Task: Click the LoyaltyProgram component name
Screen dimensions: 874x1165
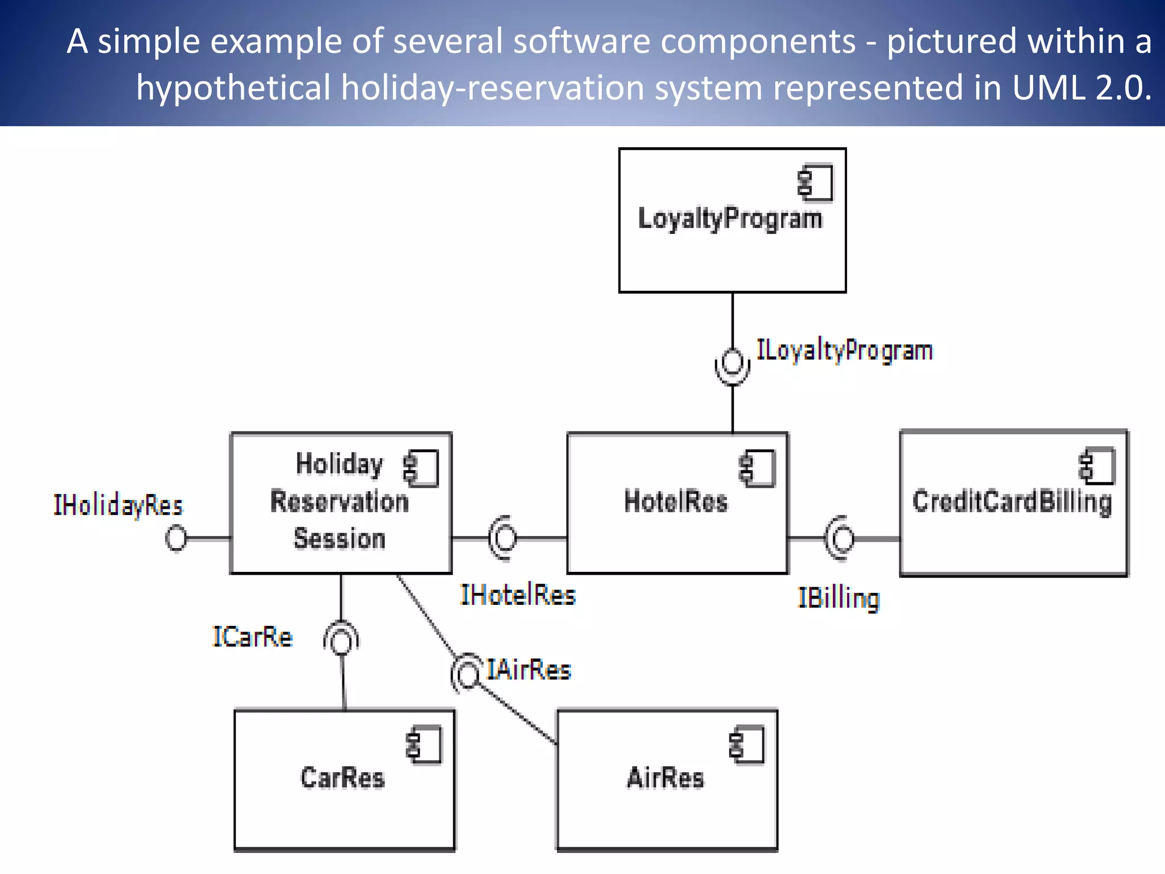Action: [x=730, y=219]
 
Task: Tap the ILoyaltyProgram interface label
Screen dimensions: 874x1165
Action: [x=844, y=351]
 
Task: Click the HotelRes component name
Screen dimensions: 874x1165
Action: [x=676, y=502]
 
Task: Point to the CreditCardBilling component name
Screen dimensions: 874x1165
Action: [x=1012, y=502]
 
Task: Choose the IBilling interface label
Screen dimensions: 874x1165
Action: [x=838, y=599]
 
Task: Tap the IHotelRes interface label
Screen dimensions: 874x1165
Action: [x=518, y=595]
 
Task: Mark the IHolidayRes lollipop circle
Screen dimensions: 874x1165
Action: [x=176, y=538]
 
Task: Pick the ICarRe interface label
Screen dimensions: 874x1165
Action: [x=252, y=637]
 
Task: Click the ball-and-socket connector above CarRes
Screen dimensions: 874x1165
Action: [x=342, y=640]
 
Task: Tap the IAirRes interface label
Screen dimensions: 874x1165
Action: [x=528, y=670]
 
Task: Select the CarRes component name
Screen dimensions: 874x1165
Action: [x=342, y=778]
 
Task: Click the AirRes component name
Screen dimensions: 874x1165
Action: [x=666, y=778]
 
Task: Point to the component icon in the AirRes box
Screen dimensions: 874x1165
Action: [x=747, y=744]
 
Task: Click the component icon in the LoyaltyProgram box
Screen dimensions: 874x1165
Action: [x=815, y=183]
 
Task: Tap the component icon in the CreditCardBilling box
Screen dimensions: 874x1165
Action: [x=1097, y=466]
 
